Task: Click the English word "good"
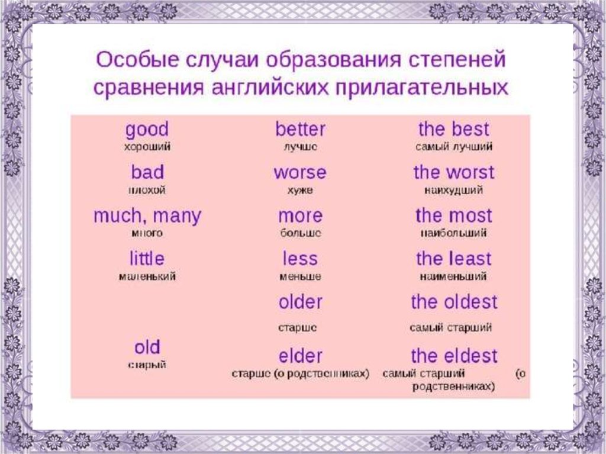point(147,130)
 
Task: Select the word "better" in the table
point(300,130)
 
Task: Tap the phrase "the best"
point(454,130)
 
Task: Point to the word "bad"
point(147,173)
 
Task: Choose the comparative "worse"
point(299,173)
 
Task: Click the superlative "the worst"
point(453,173)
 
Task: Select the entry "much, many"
point(147,216)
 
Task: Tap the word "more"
point(300,216)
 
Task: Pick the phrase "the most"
point(453,216)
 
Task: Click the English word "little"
point(147,259)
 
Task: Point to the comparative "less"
point(300,259)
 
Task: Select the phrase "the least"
point(453,259)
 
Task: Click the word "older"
point(300,302)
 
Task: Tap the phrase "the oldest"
point(454,302)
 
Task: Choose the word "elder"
point(300,356)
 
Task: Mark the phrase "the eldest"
point(454,356)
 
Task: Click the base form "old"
point(147,347)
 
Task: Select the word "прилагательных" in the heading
point(423,87)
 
